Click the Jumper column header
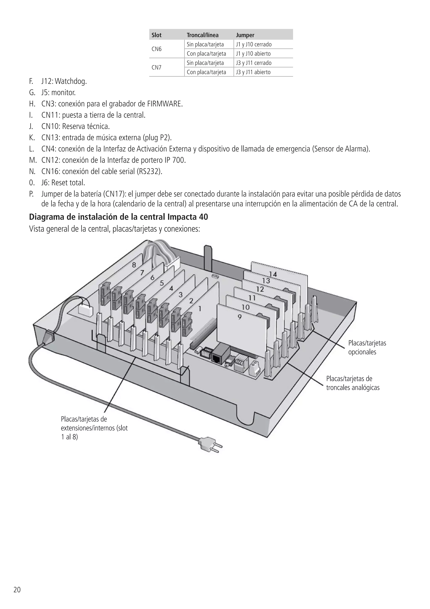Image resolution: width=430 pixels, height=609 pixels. pos(245,35)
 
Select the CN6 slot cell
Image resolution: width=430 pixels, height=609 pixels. pos(157,49)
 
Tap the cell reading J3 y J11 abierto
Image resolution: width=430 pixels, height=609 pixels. pos(253,72)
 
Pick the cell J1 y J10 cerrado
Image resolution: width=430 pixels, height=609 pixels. pos(254,44)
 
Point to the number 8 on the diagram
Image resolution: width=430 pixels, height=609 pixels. pos(134,265)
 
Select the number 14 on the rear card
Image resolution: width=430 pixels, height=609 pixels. pos(273,274)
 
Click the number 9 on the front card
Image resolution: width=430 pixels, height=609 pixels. pos(239,317)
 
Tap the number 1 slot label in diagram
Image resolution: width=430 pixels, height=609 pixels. pos(200,308)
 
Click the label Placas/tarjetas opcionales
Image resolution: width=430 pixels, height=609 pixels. pos(367,347)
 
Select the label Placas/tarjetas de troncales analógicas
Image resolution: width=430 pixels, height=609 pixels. pos(353,383)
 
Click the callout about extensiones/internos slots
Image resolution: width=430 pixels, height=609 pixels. pos(94,428)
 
